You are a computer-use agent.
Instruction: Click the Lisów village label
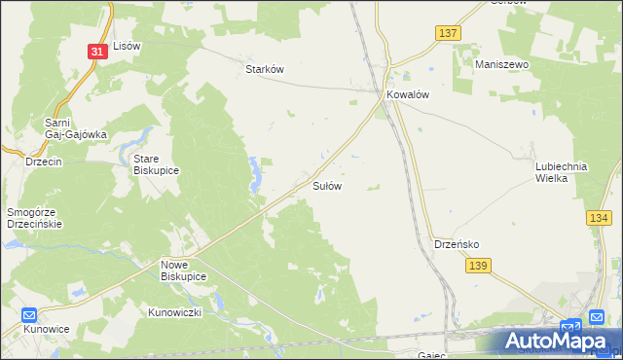click(x=128, y=46)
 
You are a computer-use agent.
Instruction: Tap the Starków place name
click(x=264, y=69)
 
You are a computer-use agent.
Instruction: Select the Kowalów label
click(x=408, y=95)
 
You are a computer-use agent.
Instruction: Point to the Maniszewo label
click(x=500, y=63)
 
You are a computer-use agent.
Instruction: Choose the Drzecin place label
click(x=44, y=162)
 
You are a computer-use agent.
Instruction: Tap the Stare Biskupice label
click(x=157, y=162)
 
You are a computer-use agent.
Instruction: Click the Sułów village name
click(x=326, y=185)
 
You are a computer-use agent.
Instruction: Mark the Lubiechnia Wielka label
click(x=562, y=172)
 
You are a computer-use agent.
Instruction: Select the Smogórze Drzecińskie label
click(x=35, y=216)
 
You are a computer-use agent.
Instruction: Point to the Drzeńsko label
click(x=454, y=244)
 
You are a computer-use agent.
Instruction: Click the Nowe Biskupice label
click(x=184, y=270)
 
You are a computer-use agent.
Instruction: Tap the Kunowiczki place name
click(x=174, y=312)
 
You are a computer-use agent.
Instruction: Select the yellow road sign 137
click(x=447, y=33)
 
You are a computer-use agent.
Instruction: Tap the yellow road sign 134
click(x=599, y=219)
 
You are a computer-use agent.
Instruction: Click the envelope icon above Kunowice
click(x=29, y=315)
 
